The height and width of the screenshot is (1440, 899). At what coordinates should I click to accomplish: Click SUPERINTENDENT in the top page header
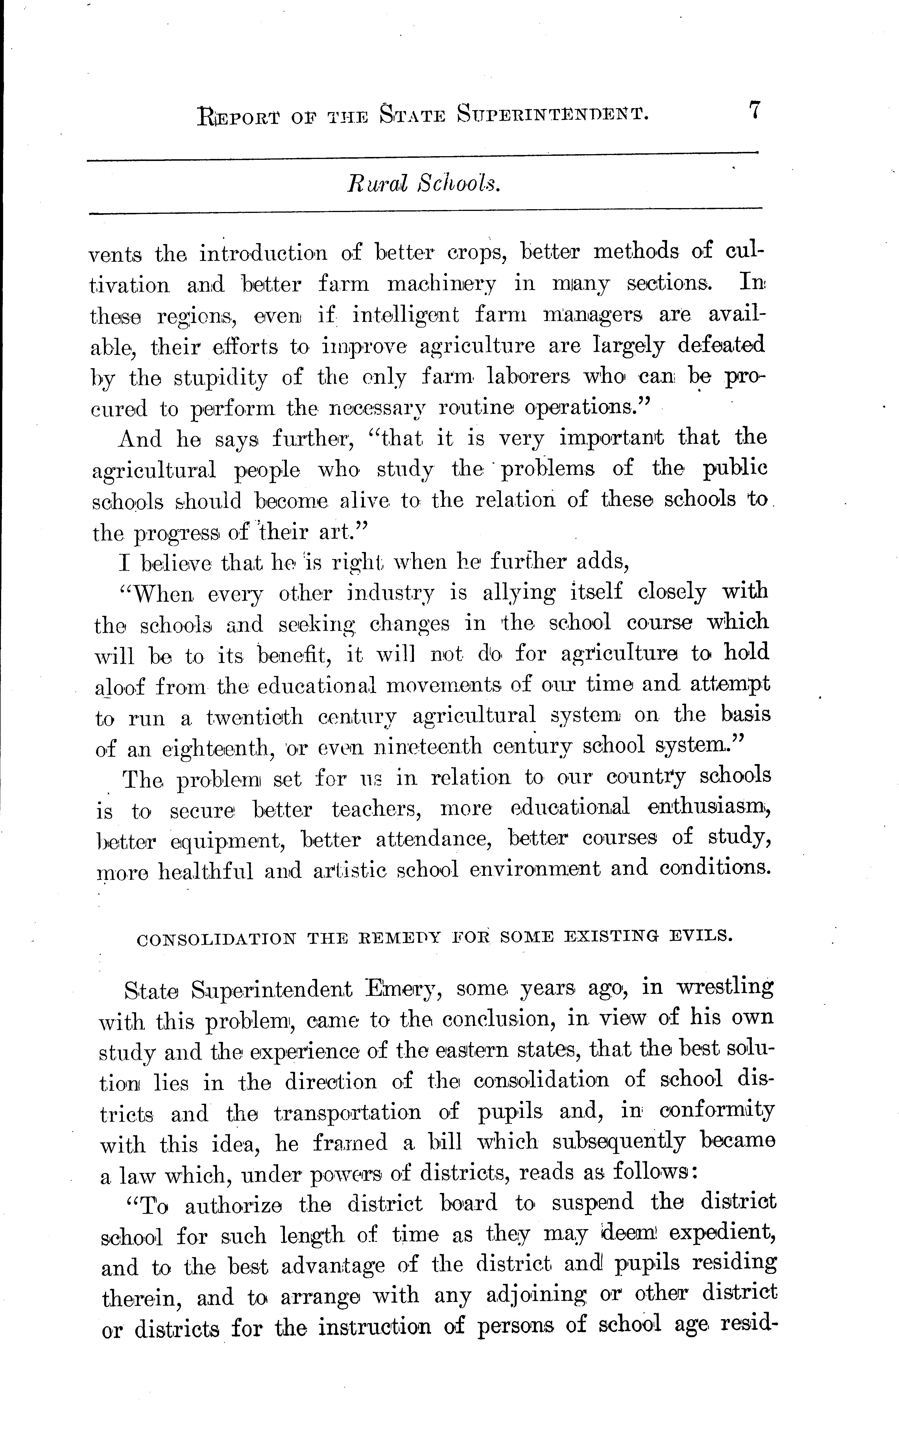coord(553,114)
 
